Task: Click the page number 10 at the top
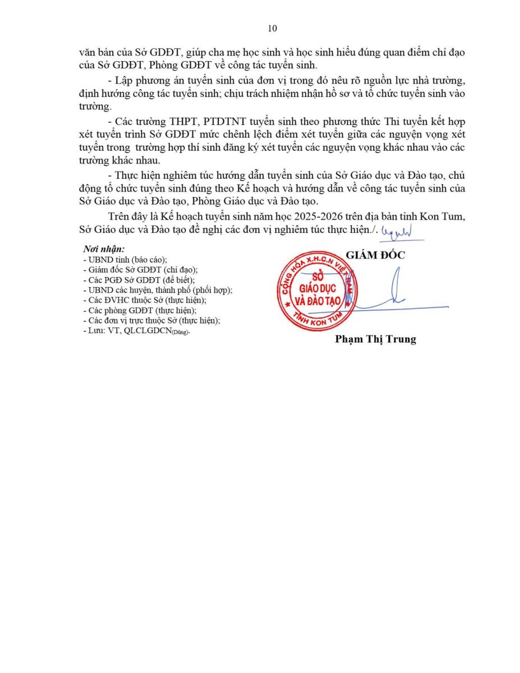(273, 29)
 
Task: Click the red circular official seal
(317, 290)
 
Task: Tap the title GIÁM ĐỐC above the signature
(375, 255)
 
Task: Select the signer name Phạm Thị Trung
(375, 339)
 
